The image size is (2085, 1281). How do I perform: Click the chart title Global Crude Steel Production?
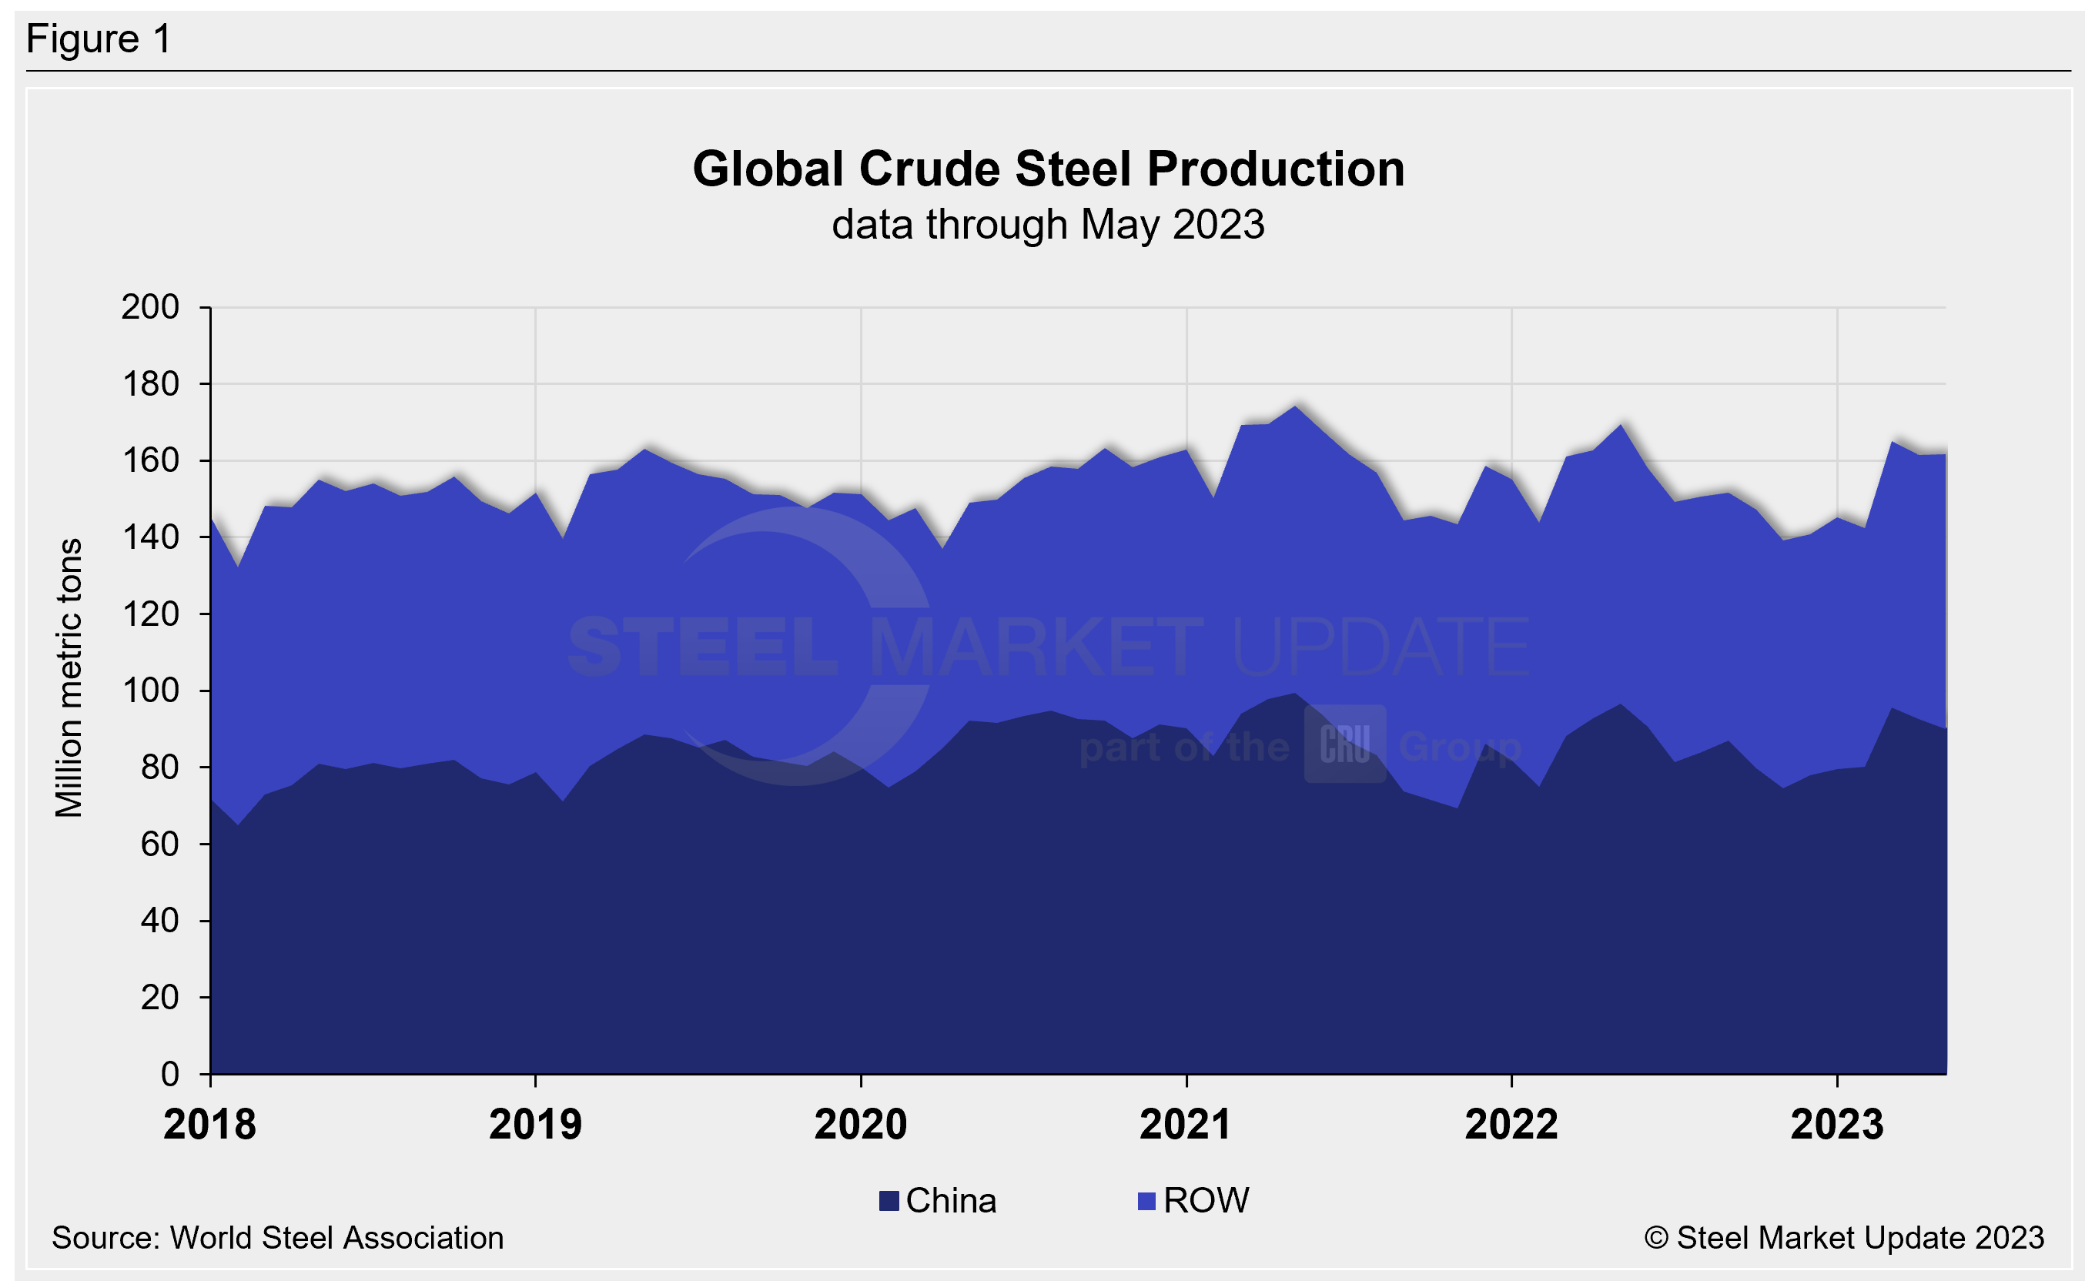[1048, 169]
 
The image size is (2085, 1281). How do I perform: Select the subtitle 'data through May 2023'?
[1048, 226]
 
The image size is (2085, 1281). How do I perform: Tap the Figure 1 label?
[99, 40]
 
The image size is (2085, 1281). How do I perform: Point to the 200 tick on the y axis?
[150, 306]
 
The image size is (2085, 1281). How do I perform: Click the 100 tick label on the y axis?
[150, 691]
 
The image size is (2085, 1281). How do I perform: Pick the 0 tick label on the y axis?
[169, 1074]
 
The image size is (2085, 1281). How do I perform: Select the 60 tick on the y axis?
[159, 844]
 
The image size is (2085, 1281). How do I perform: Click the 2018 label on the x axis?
[209, 1125]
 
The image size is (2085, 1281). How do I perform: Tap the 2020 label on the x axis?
[860, 1125]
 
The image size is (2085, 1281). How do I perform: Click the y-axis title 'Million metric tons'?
[69, 677]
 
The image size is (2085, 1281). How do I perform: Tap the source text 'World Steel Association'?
[336, 1239]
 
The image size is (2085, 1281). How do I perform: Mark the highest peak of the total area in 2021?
[1294, 406]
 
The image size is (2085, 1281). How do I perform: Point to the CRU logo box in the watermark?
[1344, 744]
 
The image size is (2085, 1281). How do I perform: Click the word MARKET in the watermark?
[1036, 647]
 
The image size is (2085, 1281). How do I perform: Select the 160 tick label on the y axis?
[150, 460]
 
